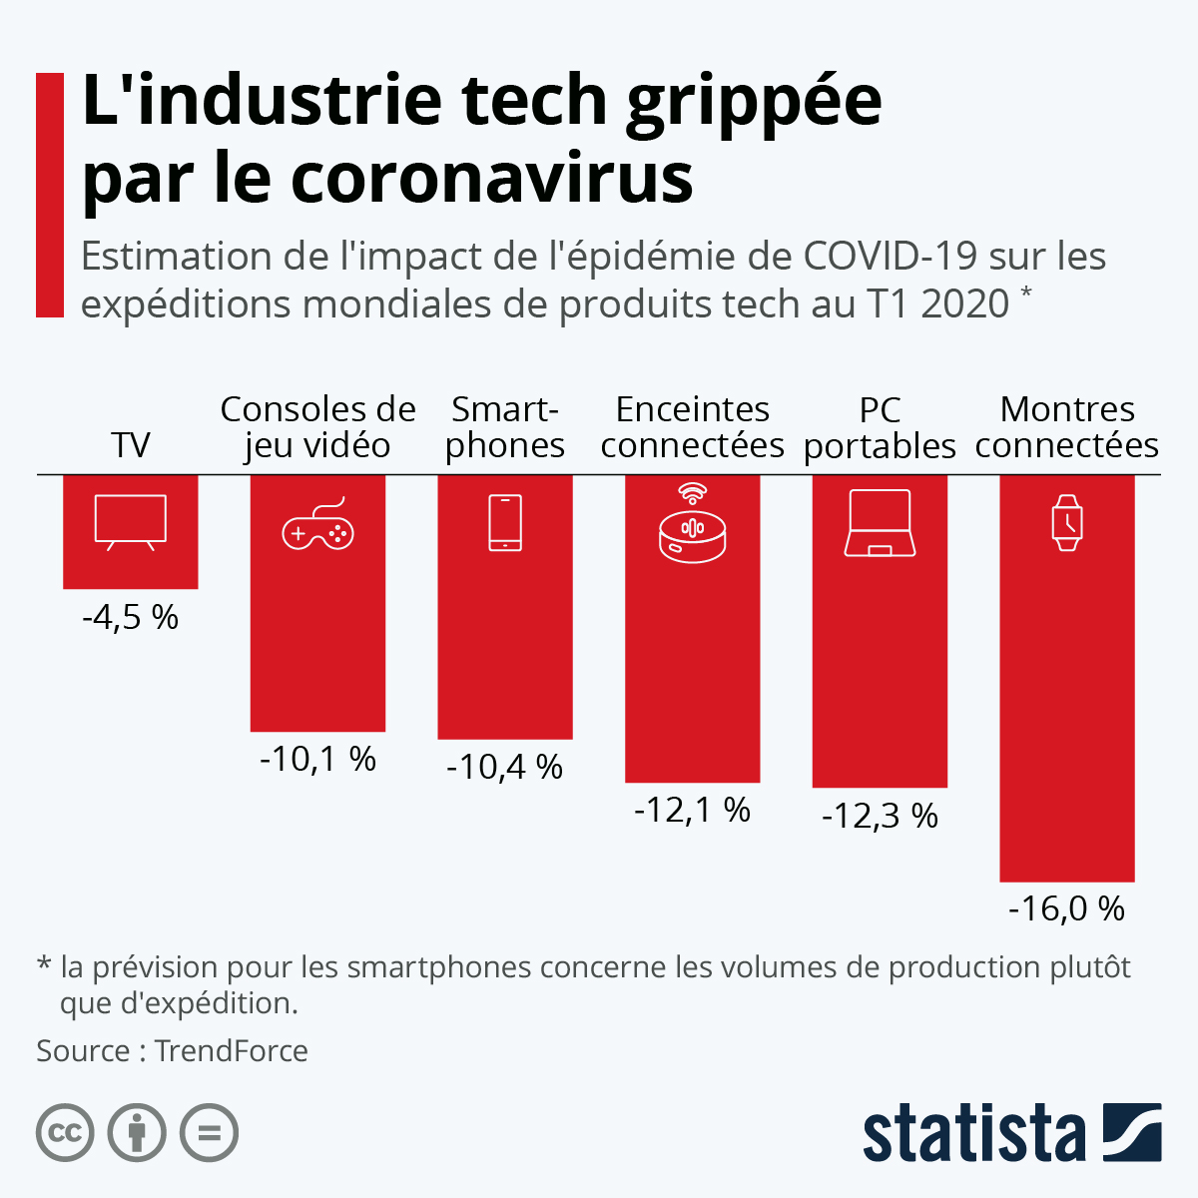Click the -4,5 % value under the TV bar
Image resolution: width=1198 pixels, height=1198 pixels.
click(131, 618)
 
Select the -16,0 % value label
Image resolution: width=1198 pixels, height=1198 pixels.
click(1067, 908)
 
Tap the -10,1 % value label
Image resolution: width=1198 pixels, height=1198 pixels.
click(317, 760)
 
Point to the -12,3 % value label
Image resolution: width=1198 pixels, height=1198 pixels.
click(880, 817)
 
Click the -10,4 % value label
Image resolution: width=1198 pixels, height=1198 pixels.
click(505, 768)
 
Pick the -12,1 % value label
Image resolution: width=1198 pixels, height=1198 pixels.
click(692, 810)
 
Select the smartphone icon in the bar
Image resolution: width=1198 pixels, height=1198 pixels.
click(505, 523)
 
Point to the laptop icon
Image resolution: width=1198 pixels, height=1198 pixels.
click(880, 523)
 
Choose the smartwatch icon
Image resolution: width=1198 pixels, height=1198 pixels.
click(1067, 523)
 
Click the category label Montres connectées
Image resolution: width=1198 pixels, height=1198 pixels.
click(1067, 427)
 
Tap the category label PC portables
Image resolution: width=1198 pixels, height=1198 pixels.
click(880, 428)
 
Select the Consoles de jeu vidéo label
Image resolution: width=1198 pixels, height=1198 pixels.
click(317, 427)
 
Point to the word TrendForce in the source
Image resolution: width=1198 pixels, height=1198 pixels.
click(232, 1051)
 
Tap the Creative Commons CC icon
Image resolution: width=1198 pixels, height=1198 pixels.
click(65, 1133)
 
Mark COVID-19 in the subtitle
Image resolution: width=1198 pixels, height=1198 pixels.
click(891, 257)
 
